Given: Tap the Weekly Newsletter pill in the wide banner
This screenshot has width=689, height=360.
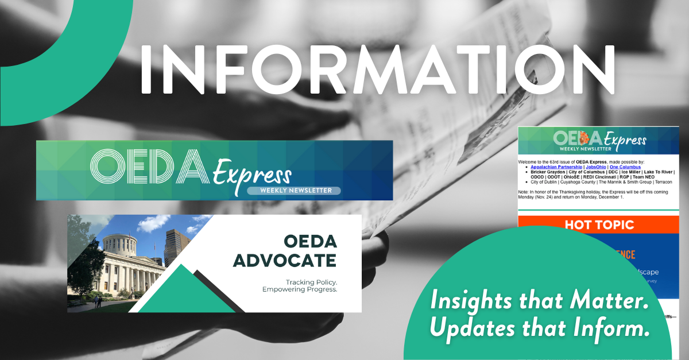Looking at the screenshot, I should click(x=293, y=190).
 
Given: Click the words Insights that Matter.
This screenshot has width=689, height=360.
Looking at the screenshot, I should click(x=540, y=303).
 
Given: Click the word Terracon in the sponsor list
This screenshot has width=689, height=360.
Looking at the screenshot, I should click(x=660, y=182).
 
